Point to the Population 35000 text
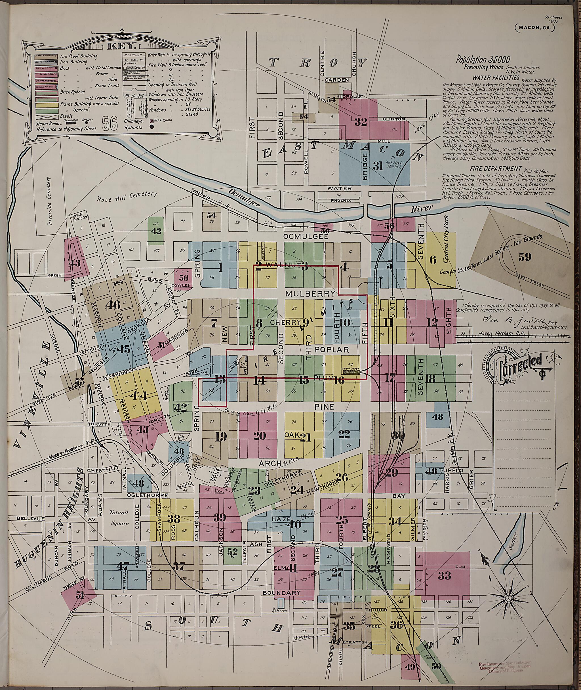tap(483, 60)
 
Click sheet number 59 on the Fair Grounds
tap(525, 256)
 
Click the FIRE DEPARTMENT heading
tap(495, 168)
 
